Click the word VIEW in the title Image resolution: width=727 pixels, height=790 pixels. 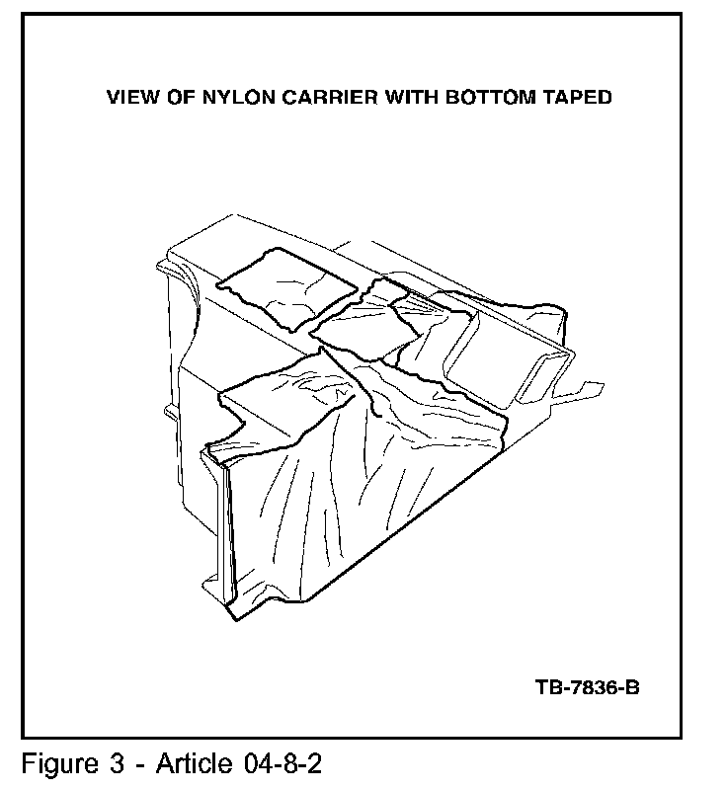(130, 97)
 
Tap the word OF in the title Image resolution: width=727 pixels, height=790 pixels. (178, 97)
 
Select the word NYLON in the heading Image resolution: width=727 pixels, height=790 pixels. (230, 97)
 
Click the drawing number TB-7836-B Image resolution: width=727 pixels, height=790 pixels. (589, 686)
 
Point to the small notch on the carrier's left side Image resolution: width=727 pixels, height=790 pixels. (167, 410)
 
